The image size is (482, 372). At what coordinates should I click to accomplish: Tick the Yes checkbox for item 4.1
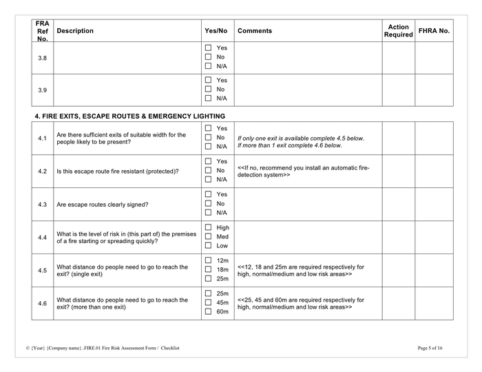point(208,129)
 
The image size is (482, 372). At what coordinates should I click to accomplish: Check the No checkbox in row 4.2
point(208,170)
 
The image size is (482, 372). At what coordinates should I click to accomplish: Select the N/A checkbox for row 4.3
point(208,213)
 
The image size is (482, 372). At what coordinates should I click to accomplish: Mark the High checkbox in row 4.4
point(208,227)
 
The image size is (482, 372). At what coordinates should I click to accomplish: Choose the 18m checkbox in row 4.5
point(208,269)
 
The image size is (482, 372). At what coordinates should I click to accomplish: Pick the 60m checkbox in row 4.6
point(208,311)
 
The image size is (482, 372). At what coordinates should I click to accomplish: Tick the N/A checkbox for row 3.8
point(208,66)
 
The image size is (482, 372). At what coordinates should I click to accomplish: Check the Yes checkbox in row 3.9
point(208,80)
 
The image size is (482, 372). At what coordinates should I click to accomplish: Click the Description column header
point(75,31)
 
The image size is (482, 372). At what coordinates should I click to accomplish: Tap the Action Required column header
point(398,31)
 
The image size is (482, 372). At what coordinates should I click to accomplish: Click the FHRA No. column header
point(434,31)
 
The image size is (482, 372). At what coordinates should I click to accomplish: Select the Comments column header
point(255,31)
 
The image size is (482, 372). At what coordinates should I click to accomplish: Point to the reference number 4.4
point(43,237)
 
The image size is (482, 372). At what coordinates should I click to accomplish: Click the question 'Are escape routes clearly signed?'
point(103,205)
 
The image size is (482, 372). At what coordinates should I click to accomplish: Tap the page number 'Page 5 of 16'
point(430,349)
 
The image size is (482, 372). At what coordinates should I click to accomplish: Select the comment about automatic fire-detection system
point(303,172)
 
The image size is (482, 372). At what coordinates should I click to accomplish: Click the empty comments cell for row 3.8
point(307,58)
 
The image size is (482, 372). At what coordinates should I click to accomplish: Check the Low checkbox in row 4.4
point(208,245)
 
